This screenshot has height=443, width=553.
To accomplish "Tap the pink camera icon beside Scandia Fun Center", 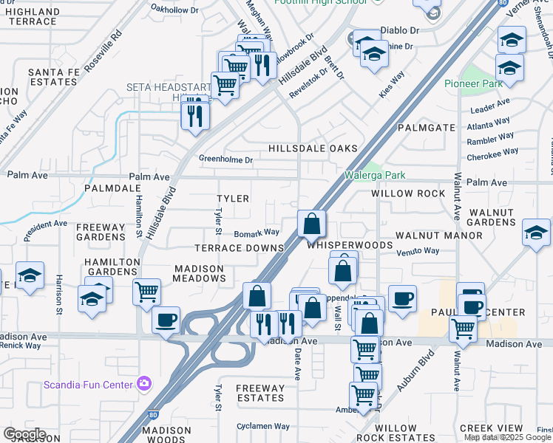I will click(143, 384).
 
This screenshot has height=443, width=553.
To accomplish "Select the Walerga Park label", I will click(375, 176).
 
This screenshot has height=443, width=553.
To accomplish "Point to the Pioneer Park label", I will click(473, 83).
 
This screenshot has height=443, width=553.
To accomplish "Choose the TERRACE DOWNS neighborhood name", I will click(239, 248).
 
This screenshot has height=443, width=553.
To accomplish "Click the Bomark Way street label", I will click(257, 233).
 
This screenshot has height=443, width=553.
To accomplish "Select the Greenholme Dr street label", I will click(225, 159).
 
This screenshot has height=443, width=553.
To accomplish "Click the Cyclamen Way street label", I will click(263, 426).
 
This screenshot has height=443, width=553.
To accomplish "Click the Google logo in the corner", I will click(24, 434).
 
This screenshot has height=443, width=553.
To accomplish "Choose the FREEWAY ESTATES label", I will click(259, 393).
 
